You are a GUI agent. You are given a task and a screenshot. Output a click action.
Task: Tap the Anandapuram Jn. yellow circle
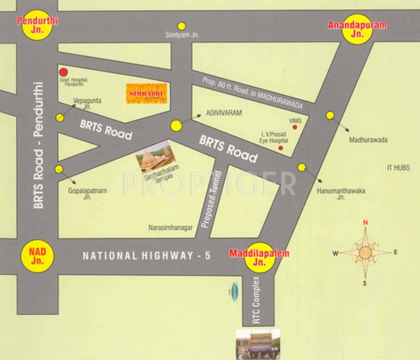click(357, 28)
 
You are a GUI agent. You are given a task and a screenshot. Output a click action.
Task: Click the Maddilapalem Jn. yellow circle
click(259, 257)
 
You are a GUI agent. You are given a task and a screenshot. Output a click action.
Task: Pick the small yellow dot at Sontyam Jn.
click(181, 26)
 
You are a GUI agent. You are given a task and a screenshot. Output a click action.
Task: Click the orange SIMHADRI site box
click(147, 93)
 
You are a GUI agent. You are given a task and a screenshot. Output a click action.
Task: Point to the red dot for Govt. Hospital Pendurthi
click(63, 72)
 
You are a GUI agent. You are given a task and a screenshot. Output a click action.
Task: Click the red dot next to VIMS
click(295, 127)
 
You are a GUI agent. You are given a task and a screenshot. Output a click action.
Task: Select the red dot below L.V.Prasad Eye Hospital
click(281, 148)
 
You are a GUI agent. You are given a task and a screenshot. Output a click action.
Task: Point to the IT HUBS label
click(398, 167)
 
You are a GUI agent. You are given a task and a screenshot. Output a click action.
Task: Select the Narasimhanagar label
click(170, 227)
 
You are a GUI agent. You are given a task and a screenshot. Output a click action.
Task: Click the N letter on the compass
click(366, 223)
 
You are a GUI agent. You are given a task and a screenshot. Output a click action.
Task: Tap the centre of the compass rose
click(365, 253)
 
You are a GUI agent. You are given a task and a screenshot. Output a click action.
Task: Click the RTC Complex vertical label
click(256, 300)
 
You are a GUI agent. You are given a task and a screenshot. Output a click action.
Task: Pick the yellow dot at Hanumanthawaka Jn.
click(302, 167)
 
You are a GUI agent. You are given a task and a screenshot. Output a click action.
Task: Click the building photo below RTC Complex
click(258, 344)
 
